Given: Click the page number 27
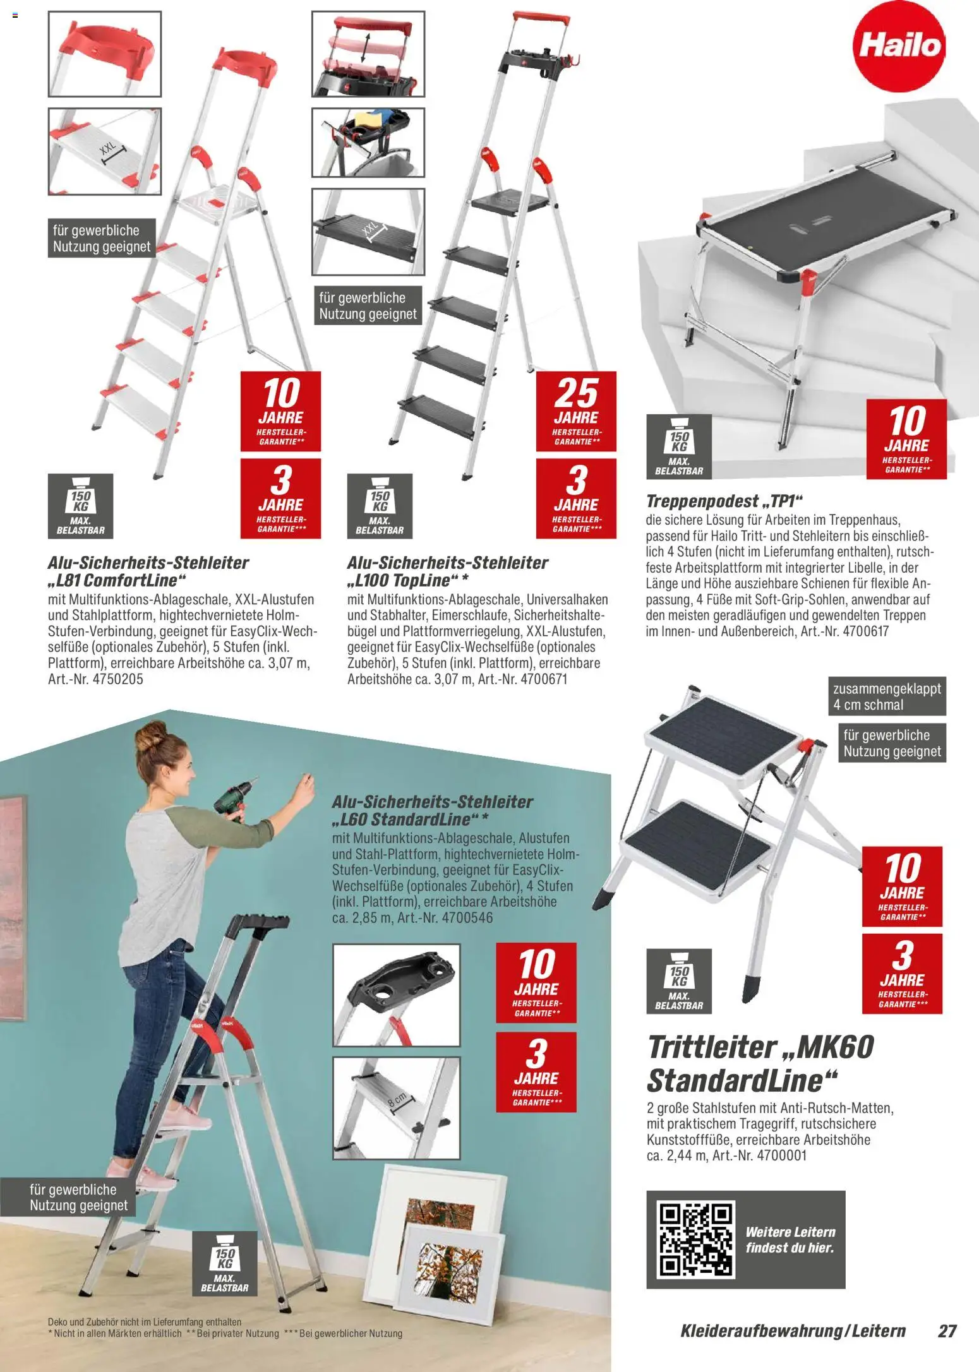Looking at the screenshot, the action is [947, 1331].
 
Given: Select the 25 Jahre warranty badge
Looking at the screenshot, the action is [576, 411].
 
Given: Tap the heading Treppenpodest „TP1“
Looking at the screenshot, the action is [724, 501].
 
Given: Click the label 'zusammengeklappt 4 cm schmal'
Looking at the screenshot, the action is [887, 697].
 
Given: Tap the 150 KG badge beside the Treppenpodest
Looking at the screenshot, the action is [679, 446].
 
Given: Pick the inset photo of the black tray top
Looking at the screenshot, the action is [396, 995].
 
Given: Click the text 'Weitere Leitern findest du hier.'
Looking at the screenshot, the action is [790, 1239].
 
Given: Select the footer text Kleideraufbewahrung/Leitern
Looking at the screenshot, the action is [793, 1331].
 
